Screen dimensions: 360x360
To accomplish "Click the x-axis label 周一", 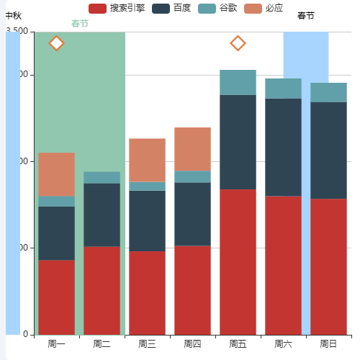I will (x=57, y=344).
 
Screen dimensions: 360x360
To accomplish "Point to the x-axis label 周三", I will (x=147, y=344).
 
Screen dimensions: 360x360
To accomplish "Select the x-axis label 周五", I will (x=238, y=344).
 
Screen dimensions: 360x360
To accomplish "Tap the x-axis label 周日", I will (x=328, y=344).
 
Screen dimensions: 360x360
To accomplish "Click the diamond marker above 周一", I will (x=57, y=43).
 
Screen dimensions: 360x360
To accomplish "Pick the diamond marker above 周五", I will (x=238, y=43).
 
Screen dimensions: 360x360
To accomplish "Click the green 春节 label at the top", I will (x=80, y=24).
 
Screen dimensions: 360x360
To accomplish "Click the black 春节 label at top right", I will (x=306, y=16).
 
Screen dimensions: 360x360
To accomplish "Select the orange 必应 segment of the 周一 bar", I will (x=57, y=174).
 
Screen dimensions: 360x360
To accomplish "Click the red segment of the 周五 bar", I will (x=238, y=261).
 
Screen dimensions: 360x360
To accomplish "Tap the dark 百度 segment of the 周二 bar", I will (x=102, y=215).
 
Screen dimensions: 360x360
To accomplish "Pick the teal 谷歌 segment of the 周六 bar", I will (x=283, y=88).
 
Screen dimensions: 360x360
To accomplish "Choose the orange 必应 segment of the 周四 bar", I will (x=192, y=149).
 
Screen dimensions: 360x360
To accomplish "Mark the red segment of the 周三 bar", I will (x=147, y=292).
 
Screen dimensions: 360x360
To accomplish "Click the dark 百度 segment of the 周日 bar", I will (x=328, y=150).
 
